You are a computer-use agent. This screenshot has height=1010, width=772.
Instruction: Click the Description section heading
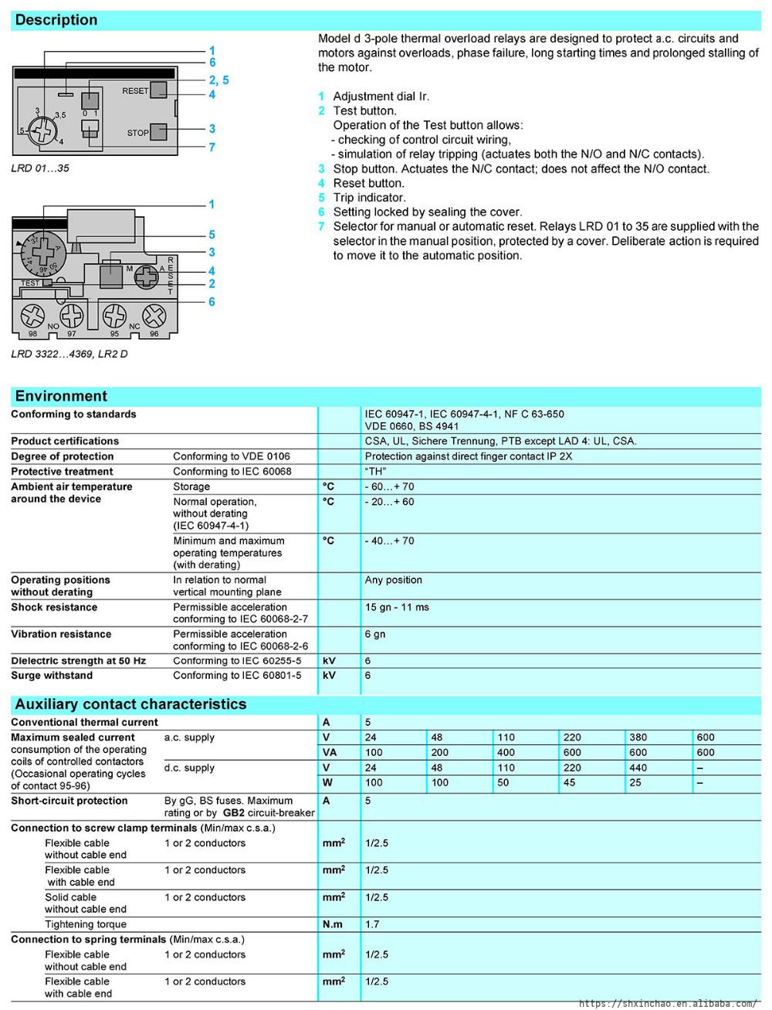tap(56, 20)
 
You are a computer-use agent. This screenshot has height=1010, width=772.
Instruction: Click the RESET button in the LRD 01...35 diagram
tap(158, 90)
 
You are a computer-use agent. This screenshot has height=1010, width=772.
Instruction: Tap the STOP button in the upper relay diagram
tap(158, 131)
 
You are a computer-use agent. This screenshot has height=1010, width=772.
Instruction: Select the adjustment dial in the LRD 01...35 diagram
tap(42, 128)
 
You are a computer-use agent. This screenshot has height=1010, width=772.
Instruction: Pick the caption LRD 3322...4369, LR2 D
tap(69, 354)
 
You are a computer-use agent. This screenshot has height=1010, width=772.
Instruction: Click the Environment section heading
tap(61, 396)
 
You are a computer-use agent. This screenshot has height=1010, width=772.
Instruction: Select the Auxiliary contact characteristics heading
tap(130, 704)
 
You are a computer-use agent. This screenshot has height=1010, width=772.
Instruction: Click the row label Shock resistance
tap(54, 608)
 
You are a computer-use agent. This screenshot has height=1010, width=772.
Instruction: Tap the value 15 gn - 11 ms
tap(397, 608)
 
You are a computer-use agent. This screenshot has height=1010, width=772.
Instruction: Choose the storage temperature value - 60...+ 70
tap(390, 487)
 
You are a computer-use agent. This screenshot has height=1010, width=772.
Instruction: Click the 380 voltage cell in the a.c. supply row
tap(638, 737)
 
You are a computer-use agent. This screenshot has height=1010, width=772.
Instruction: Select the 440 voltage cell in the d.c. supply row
tap(638, 768)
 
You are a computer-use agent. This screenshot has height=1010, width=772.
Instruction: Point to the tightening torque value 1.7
tap(373, 924)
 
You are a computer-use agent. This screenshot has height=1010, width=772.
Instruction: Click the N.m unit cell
tap(333, 924)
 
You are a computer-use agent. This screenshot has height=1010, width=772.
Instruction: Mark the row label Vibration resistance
tap(61, 635)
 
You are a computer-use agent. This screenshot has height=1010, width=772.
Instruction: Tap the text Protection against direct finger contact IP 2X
tap(469, 456)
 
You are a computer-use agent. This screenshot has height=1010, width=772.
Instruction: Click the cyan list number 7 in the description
tap(321, 226)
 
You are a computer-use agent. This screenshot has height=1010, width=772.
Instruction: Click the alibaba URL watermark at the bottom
tap(668, 1003)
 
